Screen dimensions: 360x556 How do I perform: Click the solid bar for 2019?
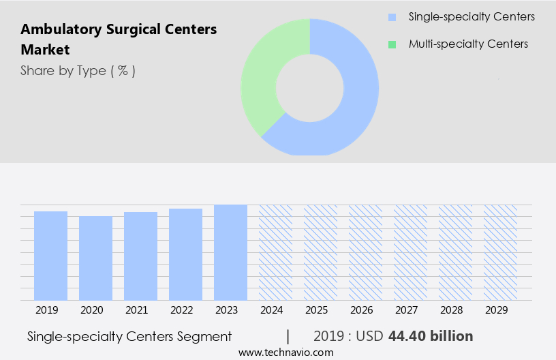point(50,256)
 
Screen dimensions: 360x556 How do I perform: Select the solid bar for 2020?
point(95,258)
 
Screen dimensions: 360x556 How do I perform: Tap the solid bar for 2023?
point(230,252)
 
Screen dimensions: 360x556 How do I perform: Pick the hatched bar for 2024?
point(275,252)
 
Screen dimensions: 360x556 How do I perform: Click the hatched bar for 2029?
point(500,252)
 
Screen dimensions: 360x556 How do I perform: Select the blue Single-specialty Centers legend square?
point(391,17)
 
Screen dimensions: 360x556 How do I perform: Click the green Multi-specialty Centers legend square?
point(391,44)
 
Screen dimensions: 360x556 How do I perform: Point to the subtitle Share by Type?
point(78,70)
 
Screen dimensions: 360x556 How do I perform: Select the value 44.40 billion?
point(430,336)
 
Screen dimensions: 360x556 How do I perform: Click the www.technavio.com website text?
point(285,352)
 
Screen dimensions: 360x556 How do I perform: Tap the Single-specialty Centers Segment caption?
point(129,336)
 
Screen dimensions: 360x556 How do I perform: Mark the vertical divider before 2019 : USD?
point(288,336)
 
